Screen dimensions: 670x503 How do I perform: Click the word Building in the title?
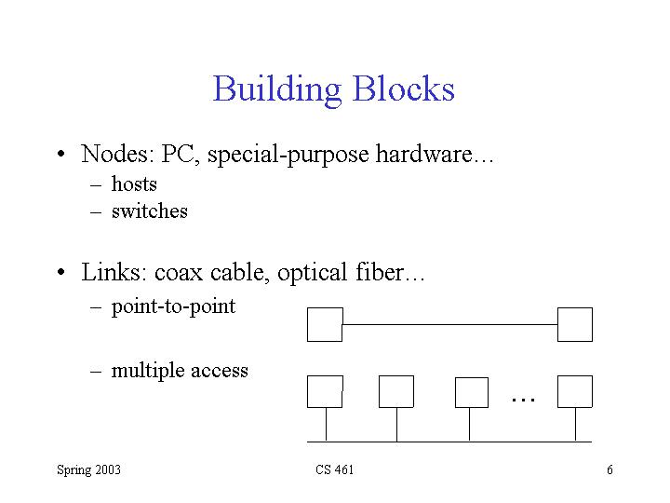click(x=277, y=89)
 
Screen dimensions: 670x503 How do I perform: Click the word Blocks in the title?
click(x=404, y=88)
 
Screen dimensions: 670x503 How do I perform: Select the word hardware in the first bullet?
click(x=424, y=154)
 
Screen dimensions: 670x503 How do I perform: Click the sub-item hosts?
click(x=134, y=184)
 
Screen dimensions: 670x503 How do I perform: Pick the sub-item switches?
click(x=150, y=211)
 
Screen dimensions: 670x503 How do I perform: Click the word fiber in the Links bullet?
click(x=380, y=272)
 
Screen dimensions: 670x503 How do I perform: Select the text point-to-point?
click(x=173, y=306)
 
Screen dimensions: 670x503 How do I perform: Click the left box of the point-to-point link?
click(x=325, y=325)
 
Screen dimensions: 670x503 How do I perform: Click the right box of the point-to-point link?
click(x=575, y=325)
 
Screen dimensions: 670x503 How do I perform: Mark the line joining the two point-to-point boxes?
click(x=450, y=325)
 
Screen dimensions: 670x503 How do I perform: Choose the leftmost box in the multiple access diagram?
click(x=325, y=392)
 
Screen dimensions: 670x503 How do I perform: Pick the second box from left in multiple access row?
click(x=396, y=392)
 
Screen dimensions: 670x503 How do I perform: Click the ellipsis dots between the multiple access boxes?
click(x=523, y=400)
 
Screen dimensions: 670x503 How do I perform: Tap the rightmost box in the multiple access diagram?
click(x=575, y=392)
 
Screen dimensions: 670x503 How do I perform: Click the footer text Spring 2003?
click(x=89, y=470)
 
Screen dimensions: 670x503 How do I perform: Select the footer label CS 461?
click(x=335, y=469)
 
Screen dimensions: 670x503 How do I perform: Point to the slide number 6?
click(x=610, y=469)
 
